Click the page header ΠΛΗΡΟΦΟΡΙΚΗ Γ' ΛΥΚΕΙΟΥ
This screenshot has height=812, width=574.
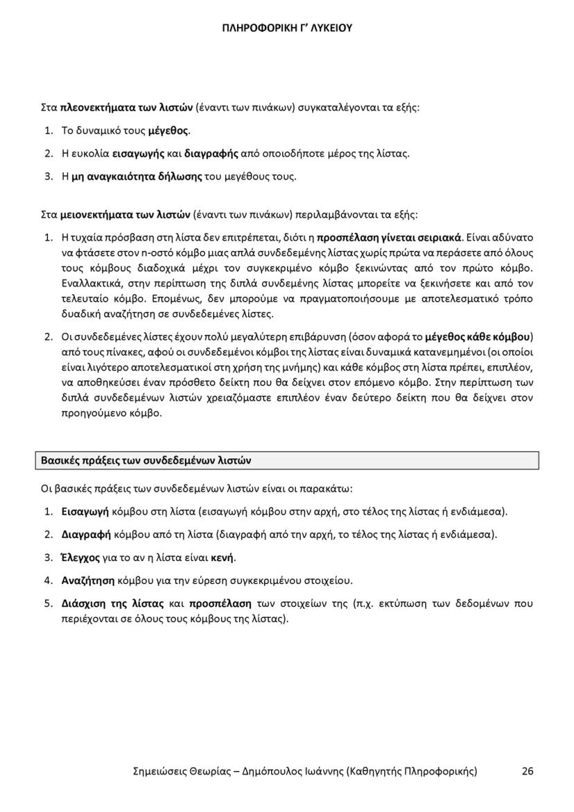click(x=287, y=28)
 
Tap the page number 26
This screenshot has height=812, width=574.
click(x=528, y=771)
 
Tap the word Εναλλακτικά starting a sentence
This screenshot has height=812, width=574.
click(x=90, y=284)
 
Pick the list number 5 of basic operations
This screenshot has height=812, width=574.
click(x=48, y=603)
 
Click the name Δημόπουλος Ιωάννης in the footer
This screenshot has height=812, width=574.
click(x=288, y=771)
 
